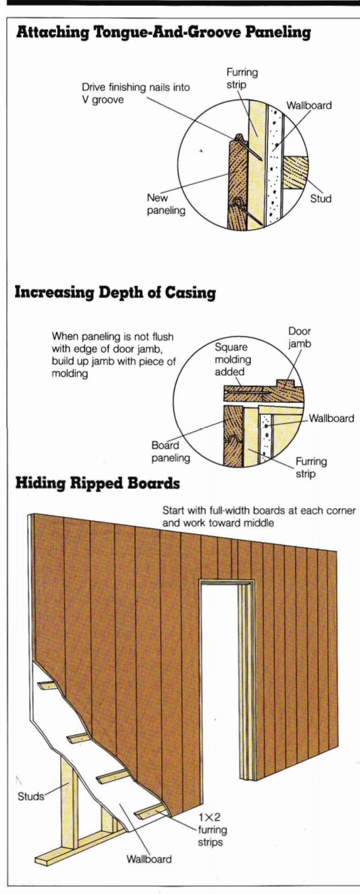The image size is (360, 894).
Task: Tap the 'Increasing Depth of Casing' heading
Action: click(115, 293)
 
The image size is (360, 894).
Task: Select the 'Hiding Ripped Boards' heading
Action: click(97, 483)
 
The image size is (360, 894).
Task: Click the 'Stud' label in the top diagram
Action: click(321, 198)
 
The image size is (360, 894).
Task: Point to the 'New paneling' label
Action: click(166, 204)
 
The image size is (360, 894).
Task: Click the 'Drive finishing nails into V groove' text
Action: click(135, 93)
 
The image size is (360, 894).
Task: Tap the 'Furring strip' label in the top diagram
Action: click(242, 78)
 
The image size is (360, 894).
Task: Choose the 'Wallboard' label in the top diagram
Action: click(309, 105)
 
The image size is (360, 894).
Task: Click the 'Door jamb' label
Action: click(300, 337)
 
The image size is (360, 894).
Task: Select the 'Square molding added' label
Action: click(233, 359)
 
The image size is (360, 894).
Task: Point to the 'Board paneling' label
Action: click(170, 451)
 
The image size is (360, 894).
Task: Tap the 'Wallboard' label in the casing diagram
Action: click(332, 418)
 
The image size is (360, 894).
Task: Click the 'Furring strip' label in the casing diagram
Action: click(311, 467)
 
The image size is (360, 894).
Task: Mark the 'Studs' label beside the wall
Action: click(31, 796)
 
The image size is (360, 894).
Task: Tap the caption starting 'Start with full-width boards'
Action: click(259, 517)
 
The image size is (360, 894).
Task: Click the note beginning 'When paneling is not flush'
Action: click(114, 355)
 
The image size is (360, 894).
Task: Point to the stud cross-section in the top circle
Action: click(296, 172)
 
